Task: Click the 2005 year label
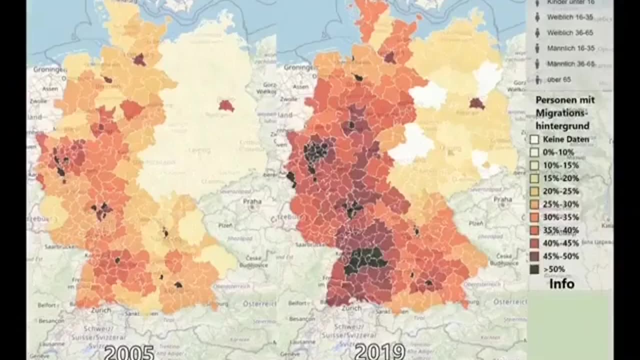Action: [x=129, y=352]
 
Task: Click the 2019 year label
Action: [x=379, y=352]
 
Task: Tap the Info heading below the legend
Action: [x=561, y=284]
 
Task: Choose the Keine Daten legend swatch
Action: [x=534, y=139]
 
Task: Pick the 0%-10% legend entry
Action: [x=558, y=152]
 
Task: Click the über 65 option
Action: [x=558, y=79]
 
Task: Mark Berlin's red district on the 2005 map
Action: [x=226, y=105]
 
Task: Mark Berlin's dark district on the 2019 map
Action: [x=476, y=103]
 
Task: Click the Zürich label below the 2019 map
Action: [x=351, y=309]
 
